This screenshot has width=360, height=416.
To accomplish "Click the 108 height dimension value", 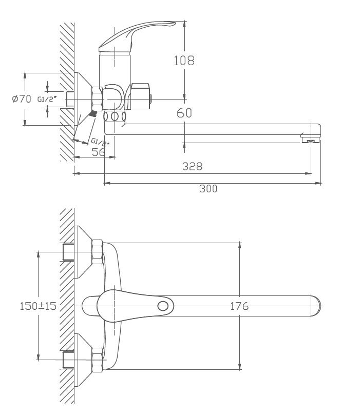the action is coord(184,61).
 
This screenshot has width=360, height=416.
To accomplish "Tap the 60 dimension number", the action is coord(184,113).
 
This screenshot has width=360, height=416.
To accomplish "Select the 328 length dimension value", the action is coord(193,166).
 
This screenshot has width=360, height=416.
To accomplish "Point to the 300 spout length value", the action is coord(209,189).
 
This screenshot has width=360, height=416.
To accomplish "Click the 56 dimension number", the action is coord(98,152).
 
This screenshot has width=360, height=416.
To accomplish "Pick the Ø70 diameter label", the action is coord(22,99).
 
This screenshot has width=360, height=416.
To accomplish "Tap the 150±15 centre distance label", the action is coord(38,306).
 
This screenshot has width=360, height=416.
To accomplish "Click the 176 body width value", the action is coord(239,306).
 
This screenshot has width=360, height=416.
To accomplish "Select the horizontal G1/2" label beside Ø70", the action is coord(47,99).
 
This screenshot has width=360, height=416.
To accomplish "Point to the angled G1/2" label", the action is coord(101,142).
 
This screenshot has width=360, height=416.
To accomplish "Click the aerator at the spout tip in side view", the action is coord(310,140).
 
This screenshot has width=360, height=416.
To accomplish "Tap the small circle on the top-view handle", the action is coord(163,306).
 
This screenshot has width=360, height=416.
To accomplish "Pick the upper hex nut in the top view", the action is coord(97,252).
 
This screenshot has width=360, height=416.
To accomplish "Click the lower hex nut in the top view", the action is coord(97,360).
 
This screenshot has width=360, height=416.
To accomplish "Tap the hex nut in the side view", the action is coord(97,99).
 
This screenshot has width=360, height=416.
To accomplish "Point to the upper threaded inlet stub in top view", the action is coord(68,252).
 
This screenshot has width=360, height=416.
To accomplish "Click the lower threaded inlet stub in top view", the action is coord(68,360).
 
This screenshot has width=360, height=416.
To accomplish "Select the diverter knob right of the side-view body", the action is coord(140,96).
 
